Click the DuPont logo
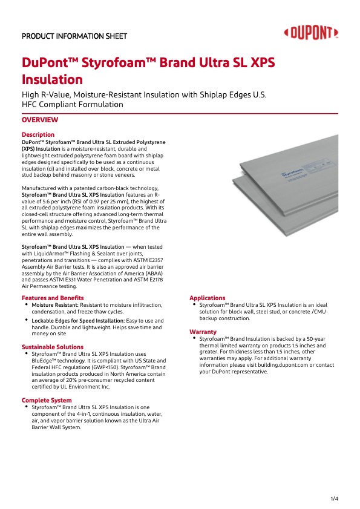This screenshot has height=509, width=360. coord(311,33)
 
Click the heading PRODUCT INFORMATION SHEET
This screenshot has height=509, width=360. coord(74,36)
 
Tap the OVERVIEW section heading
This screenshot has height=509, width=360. coord(40,120)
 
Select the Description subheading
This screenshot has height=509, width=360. coord(38,134)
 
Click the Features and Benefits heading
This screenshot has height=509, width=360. coord(53,298)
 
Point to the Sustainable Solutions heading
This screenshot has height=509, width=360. coord(53,347)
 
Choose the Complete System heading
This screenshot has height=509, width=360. coord(47,400)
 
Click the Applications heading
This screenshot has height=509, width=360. coord(208,298)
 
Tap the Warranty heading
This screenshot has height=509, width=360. coord(203,332)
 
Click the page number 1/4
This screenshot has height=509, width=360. coord(335,499)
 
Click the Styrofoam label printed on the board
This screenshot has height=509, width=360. coord(292,172)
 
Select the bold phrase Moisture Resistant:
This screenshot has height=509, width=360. coord(55,305)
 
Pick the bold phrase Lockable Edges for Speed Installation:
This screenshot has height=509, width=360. coord(78,321)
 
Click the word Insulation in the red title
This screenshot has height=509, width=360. coord(52,79)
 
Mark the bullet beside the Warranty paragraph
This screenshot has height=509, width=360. coord(194,338)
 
